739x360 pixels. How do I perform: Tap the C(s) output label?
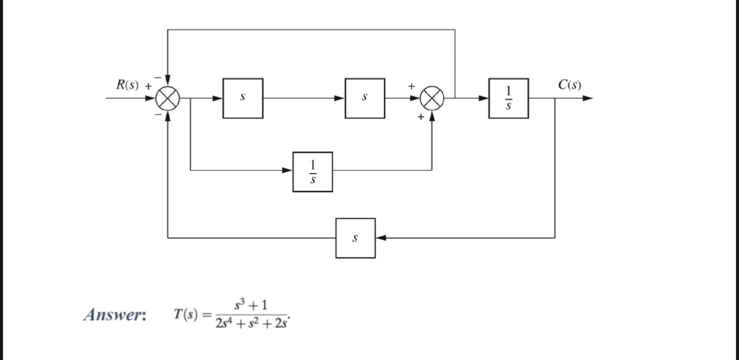coord(569,84)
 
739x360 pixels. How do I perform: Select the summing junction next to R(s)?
coord(168,98)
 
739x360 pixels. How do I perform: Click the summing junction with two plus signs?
coord(432,98)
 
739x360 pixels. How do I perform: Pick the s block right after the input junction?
coord(243,98)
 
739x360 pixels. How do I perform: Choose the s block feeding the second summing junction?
coord(365,98)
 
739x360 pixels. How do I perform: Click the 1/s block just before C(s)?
coord(508,98)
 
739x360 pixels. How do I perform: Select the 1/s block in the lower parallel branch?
coord(312,171)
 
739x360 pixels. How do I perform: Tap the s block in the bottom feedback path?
coord(355,238)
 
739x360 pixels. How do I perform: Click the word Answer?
coord(115,314)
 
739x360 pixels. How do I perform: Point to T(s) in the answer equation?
coord(186,314)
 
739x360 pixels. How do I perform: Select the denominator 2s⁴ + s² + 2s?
coord(252,324)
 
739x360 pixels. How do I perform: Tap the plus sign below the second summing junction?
coord(421,118)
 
